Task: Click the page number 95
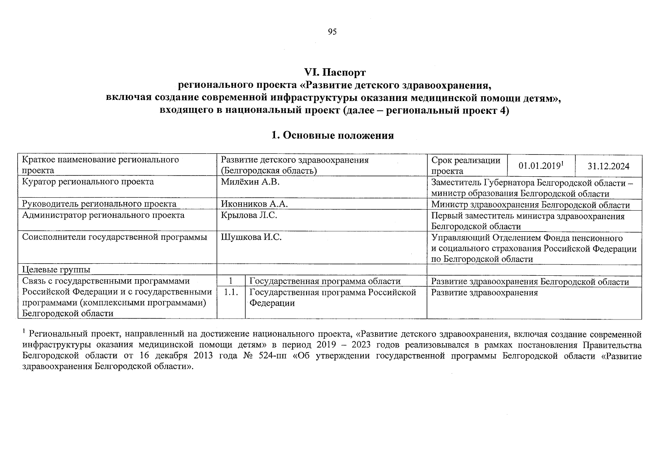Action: pos(332,32)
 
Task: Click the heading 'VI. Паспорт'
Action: pos(335,73)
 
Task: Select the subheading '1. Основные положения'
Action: pos(332,135)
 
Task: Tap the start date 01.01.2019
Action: pos(539,166)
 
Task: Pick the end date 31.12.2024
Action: pos(608,166)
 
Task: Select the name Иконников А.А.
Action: pos(254,204)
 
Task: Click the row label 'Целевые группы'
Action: pos(56,269)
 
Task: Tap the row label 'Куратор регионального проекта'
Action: pos(88,182)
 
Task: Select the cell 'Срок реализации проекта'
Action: pos(466,165)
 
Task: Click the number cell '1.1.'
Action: pos(231,292)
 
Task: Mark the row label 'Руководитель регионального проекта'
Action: pos(99,204)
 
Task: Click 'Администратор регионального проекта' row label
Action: pos(103,215)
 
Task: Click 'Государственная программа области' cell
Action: pos(325,282)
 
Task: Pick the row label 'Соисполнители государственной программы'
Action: pos(115,237)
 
